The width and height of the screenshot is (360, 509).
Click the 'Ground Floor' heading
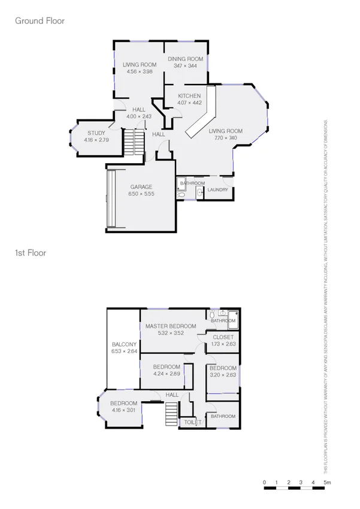tap(40, 21)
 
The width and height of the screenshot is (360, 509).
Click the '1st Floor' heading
tap(31, 253)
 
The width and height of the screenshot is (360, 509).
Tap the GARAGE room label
tap(142, 187)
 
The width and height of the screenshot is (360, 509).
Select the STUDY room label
tap(96, 133)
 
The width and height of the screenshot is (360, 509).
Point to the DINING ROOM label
tap(185, 59)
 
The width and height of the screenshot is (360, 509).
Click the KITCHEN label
tap(189, 96)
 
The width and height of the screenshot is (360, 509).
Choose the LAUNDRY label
tap(216, 190)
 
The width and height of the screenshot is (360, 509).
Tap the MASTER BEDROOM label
tap(171, 326)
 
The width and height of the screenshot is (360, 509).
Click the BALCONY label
tap(125, 344)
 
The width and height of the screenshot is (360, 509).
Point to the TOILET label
tap(192, 423)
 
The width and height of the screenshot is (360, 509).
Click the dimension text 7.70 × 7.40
tap(225, 138)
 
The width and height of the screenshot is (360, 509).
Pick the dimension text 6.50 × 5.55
tap(142, 194)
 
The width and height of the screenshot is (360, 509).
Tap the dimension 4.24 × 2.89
tap(166, 374)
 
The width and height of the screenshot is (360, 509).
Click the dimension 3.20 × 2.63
tap(223, 375)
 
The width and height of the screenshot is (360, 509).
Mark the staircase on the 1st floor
tap(172, 414)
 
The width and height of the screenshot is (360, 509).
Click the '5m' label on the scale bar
tap(328, 483)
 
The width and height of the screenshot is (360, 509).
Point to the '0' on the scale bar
tap(264, 483)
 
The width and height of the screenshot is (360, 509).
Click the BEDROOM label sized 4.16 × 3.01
tap(123, 403)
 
